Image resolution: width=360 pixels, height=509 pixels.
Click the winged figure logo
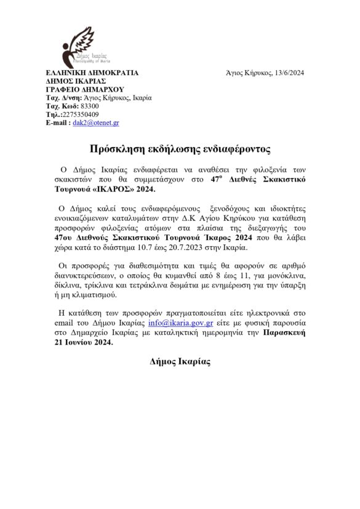click(x=78, y=46)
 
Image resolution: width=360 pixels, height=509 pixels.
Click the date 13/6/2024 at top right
click(x=287, y=73)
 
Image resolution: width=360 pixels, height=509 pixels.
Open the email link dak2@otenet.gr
click(x=96, y=123)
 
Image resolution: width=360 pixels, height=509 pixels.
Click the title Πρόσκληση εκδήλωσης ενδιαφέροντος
click(x=180, y=149)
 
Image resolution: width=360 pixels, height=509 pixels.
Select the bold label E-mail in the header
click(x=57, y=123)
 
